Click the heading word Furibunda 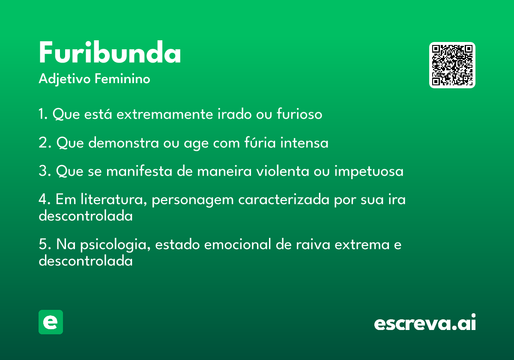coord(110,52)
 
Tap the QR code coord(452,65)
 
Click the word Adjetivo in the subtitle coord(65,79)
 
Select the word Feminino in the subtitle coord(123,78)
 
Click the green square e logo coord(51,322)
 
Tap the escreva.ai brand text coord(425,322)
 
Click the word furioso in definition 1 coord(299,114)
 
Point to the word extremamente coord(165,114)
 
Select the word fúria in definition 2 coord(260,142)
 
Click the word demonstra coord(123,143)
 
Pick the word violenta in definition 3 coord(282,171)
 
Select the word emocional coord(237,244)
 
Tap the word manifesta coord(139,171)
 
